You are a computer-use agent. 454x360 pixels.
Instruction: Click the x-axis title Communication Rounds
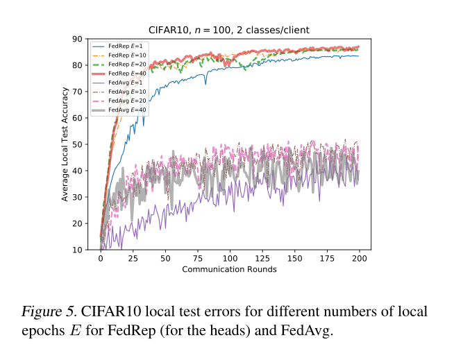pyautogui.click(x=230, y=269)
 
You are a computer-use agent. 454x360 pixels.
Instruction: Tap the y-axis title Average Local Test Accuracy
pyautogui.click(x=64, y=144)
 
